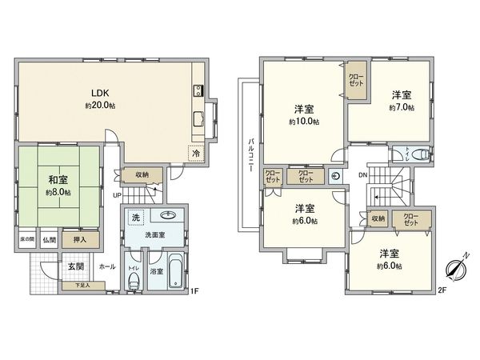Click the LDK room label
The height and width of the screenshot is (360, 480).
(x=100, y=94)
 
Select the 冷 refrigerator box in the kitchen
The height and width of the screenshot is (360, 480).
(x=195, y=154)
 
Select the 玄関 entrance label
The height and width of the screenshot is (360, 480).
(x=75, y=266)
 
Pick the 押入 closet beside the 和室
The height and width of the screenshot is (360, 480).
(x=90, y=239)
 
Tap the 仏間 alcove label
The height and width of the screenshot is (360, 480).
(x=50, y=239)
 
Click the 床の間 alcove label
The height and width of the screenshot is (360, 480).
(x=26, y=239)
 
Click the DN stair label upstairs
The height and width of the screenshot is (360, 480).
(x=362, y=175)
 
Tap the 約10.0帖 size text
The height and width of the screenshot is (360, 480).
(x=304, y=122)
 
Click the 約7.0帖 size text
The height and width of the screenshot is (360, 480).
(x=401, y=106)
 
